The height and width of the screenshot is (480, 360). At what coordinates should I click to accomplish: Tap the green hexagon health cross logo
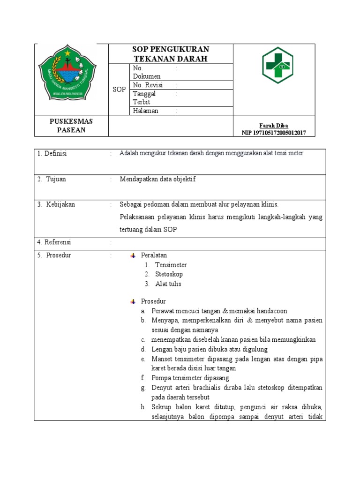tap(277, 65)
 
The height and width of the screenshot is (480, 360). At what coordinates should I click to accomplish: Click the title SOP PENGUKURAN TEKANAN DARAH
tap(171, 54)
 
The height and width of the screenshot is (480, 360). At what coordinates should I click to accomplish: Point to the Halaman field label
tap(146, 111)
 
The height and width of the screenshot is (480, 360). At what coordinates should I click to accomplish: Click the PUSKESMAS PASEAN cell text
tap(71, 126)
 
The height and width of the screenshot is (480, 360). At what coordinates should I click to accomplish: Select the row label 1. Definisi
tap(52, 154)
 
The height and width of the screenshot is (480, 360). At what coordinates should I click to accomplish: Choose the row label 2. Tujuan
tap(52, 179)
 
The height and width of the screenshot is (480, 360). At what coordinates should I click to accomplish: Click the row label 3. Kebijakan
tap(56, 204)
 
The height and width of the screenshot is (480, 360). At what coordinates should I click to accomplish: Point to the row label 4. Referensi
tap(54, 242)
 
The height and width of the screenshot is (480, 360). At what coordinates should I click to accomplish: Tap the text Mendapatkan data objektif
tap(157, 179)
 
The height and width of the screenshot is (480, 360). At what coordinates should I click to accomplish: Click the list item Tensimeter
tap(171, 265)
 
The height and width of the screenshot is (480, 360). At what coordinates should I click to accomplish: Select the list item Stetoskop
tap(169, 274)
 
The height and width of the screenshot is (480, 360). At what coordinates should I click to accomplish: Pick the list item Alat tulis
tap(168, 284)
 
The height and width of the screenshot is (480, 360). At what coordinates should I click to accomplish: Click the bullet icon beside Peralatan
tap(133, 255)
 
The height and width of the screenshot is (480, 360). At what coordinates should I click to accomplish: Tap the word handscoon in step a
tap(270, 311)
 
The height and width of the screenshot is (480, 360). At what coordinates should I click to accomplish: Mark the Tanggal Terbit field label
tap(144, 97)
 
